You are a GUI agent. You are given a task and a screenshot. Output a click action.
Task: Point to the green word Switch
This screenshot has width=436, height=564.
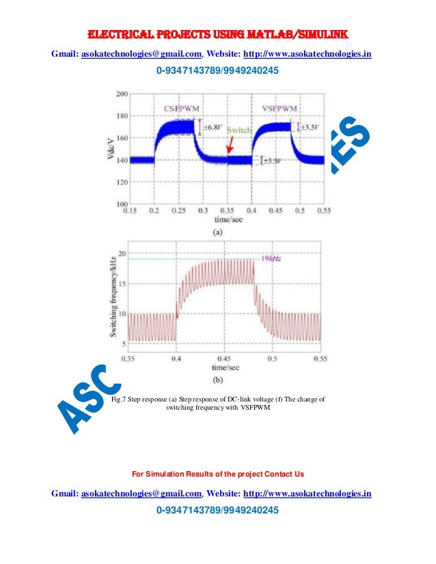point(240,130)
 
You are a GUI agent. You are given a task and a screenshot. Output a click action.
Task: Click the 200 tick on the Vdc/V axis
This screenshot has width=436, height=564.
point(122,93)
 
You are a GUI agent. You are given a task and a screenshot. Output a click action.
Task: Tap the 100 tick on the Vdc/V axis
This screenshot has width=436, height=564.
point(122,204)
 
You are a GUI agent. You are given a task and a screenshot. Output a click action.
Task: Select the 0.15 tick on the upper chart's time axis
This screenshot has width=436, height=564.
point(130,212)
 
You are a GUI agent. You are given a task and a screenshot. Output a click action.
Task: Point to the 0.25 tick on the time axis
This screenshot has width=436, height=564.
point(178,212)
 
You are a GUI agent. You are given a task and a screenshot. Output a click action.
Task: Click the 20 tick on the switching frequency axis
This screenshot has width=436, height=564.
point(122,253)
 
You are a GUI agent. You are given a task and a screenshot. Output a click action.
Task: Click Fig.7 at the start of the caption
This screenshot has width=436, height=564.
point(120,400)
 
